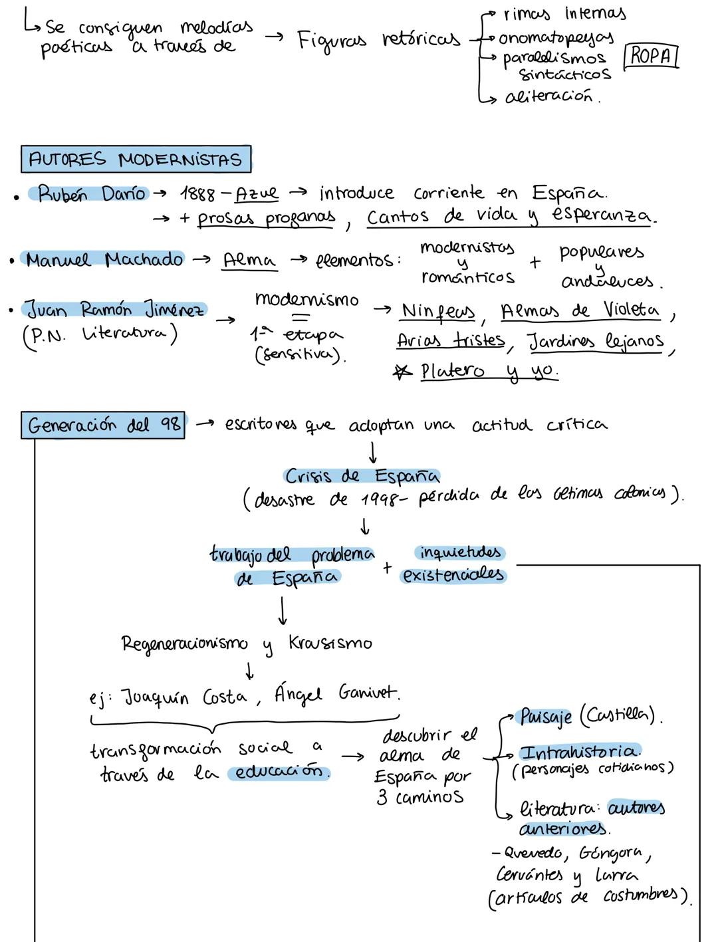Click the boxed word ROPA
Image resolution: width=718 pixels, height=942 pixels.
point(651,56)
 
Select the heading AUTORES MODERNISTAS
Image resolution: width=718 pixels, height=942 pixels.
point(136,160)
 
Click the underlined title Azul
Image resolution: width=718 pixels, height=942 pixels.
point(257,193)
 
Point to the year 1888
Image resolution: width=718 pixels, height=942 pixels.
point(197,195)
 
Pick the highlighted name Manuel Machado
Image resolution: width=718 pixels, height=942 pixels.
point(104,259)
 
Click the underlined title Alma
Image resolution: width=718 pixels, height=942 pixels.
point(249,260)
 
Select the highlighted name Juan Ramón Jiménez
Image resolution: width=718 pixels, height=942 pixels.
point(116,310)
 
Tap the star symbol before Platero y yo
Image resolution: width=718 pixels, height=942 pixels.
point(402,371)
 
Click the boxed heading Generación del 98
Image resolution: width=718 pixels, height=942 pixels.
point(104,425)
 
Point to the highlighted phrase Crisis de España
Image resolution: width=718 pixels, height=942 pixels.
point(362,476)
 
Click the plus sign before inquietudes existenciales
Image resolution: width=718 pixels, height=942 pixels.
point(387,567)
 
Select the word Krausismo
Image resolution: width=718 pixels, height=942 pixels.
point(330,643)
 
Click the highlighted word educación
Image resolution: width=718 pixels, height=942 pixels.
point(278,772)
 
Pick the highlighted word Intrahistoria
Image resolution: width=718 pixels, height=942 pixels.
point(579,752)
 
